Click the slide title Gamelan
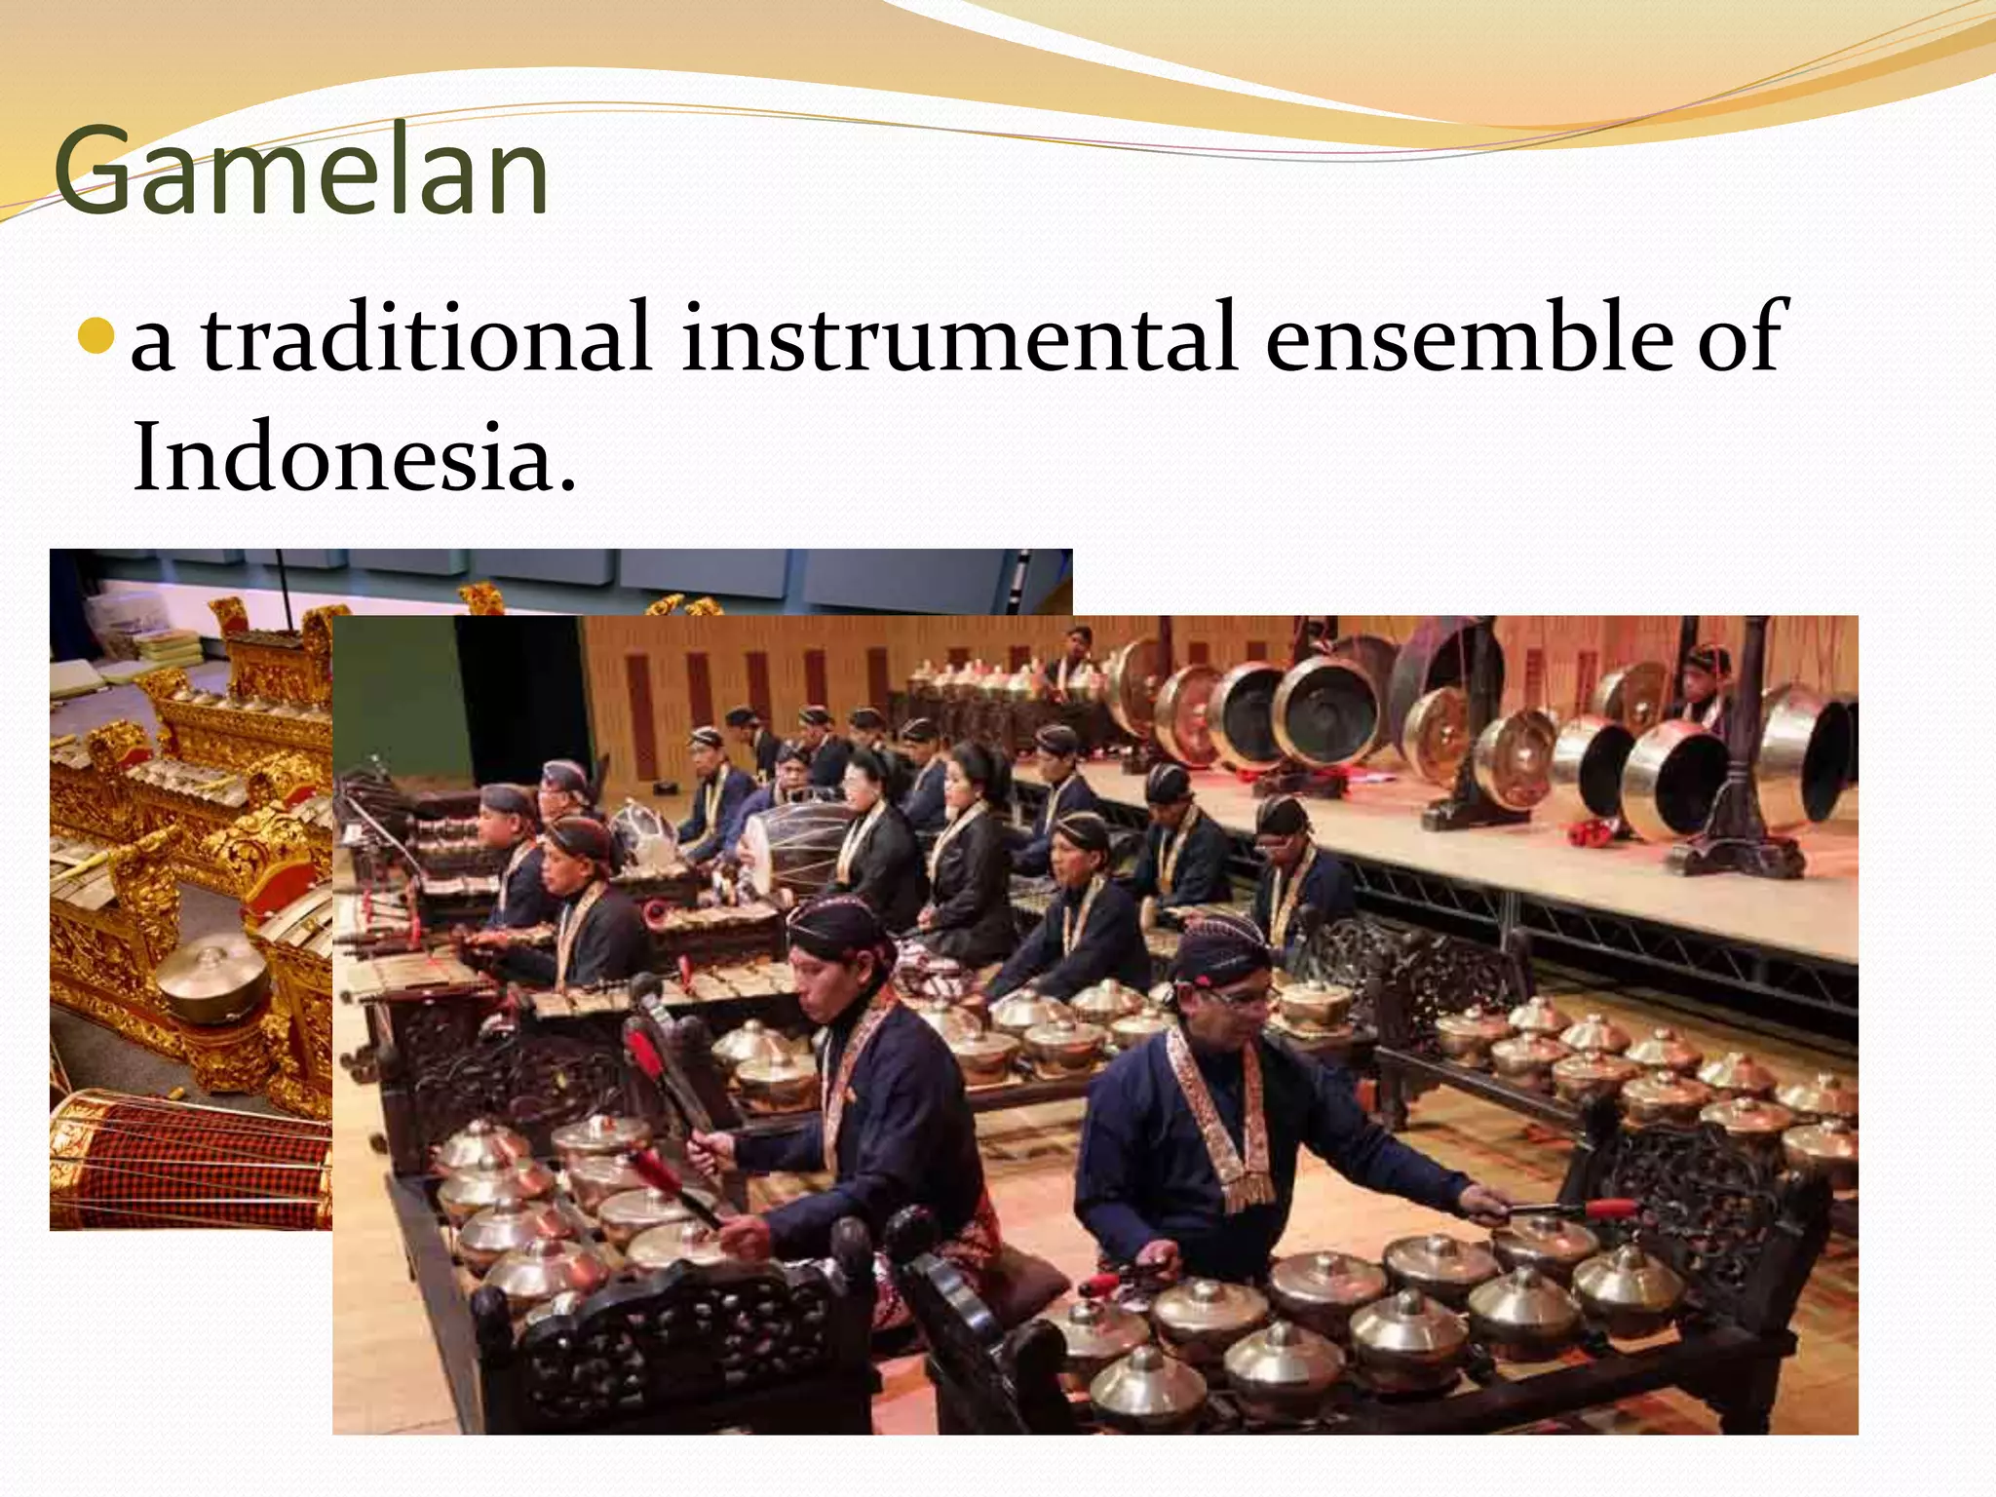point(302,173)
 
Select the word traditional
point(427,337)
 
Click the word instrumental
point(960,337)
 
